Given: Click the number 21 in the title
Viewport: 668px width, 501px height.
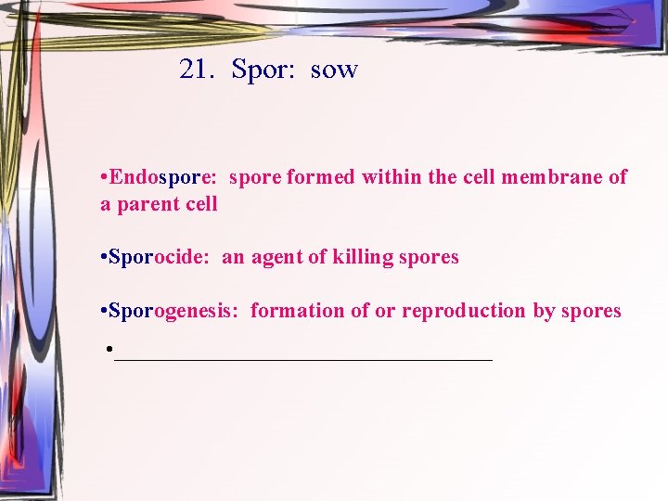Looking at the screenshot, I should (x=196, y=70).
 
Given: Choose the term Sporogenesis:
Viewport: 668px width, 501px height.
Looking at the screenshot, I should (x=174, y=311).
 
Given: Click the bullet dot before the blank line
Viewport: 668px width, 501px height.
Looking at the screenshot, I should (x=109, y=351).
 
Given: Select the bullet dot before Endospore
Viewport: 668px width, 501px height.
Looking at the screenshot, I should (x=103, y=176).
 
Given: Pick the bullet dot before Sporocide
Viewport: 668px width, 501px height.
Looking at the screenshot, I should (x=103, y=257).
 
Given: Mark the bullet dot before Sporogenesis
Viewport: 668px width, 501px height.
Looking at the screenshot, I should (x=103, y=311).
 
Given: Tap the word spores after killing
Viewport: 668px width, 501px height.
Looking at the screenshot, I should (x=429, y=258).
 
